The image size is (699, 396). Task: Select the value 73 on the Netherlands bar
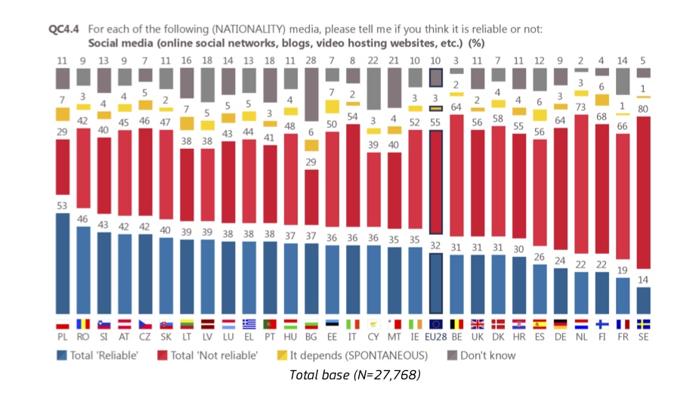tap(580, 108)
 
